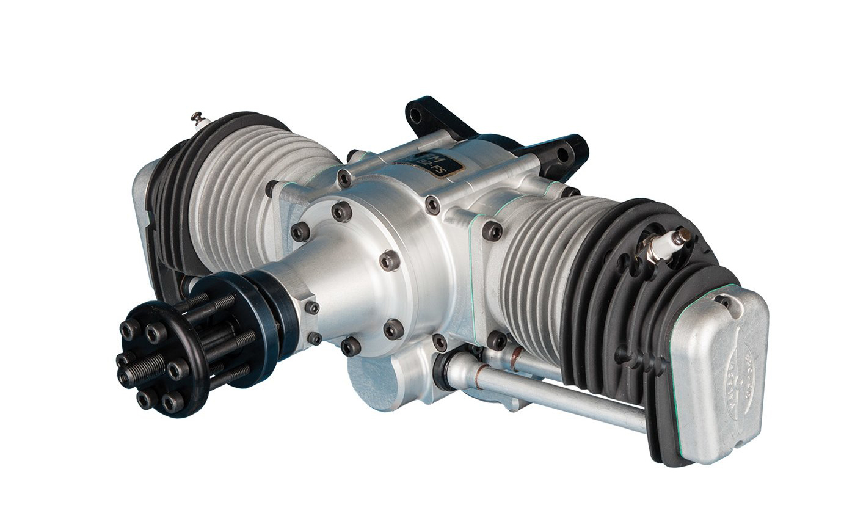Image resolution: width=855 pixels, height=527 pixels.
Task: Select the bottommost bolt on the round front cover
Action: pos(351,346)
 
